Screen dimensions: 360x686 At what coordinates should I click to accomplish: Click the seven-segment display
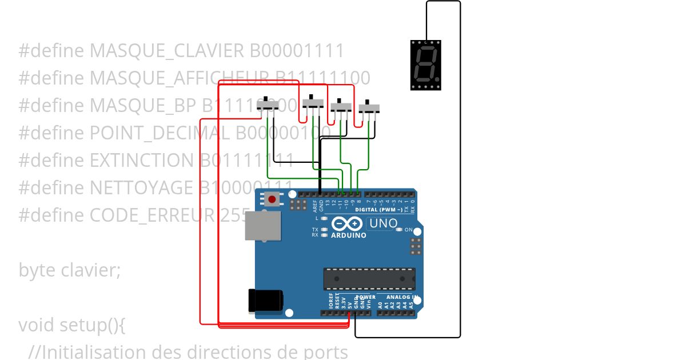point(426,65)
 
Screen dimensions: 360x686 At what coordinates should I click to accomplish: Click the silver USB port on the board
point(263,226)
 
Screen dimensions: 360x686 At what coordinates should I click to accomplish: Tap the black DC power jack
point(265,301)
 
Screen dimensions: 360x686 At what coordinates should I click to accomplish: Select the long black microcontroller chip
point(369,278)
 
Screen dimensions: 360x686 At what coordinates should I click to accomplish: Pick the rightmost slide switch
point(369,107)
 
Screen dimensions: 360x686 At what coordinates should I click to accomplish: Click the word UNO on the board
point(383,223)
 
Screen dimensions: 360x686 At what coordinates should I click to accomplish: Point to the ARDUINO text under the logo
point(349,235)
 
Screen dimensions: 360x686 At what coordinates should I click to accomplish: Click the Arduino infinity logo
point(348,224)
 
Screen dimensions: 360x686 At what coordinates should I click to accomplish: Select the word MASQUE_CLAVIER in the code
point(167,51)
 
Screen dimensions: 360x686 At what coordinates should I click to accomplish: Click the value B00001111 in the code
point(297,51)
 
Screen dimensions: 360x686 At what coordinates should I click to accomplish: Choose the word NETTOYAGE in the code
point(142,187)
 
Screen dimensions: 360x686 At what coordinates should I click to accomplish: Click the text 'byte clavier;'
point(70,270)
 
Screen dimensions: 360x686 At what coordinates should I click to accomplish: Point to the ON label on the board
point(408,230)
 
